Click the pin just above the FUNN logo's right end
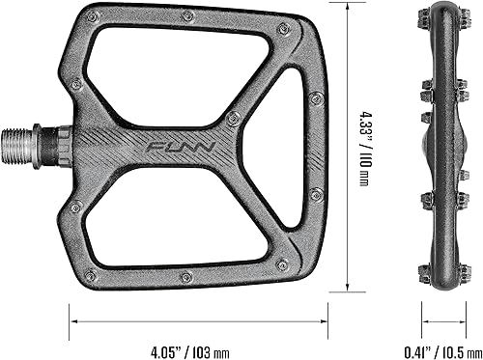tap(232, 118)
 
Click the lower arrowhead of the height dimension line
tap(348, 287)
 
